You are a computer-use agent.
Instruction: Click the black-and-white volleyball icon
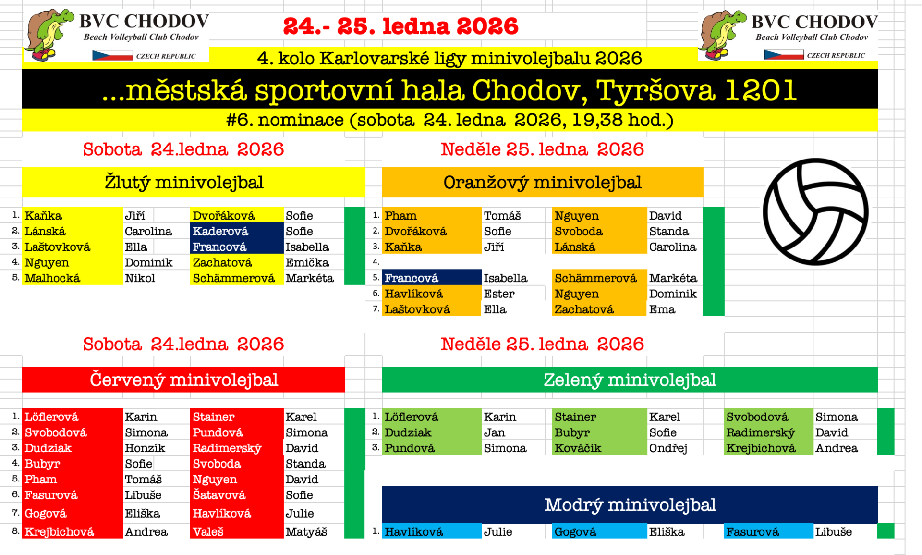pos(815,212)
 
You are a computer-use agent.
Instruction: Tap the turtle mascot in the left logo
pos(49,34)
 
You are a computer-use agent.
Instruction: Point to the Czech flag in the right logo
pos(784,55)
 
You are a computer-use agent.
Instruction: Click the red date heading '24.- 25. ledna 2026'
pos(400,26)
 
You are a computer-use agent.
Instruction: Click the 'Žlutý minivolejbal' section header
pos(184,183)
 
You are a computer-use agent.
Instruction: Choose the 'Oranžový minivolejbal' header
pos(543,183)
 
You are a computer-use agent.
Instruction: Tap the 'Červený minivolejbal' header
pos(183,380)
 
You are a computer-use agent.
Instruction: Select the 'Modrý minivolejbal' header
pos(630,505)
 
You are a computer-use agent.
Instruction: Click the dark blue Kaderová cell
pos(237,231)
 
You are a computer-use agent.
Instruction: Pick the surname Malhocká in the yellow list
pos(52,278)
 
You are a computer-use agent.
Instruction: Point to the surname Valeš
pos(208,532)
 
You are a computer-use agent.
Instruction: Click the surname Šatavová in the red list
pos(219,495)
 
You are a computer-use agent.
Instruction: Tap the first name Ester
pos(499,294)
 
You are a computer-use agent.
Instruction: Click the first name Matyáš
pos(306,532)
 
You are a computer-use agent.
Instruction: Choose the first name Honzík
pos(145,448)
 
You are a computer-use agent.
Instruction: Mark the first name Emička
pos(307,262)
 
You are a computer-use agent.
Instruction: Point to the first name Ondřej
pos(668,448)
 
